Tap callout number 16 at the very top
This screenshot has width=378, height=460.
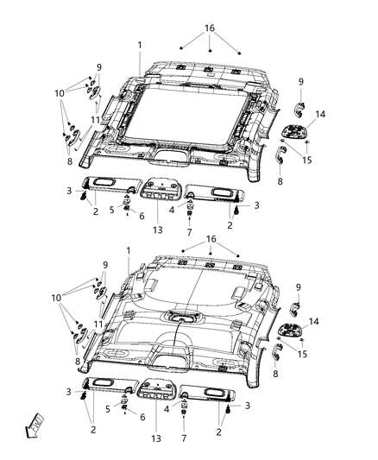pyautogui.click(x=210, y=28)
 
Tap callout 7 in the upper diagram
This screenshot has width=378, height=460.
pyautogui.click(x=188, y=233)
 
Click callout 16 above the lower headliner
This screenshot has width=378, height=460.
pyautogui.click(x=210, y=238)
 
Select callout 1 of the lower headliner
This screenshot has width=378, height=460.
pyautogui.click(x=128, y=250)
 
